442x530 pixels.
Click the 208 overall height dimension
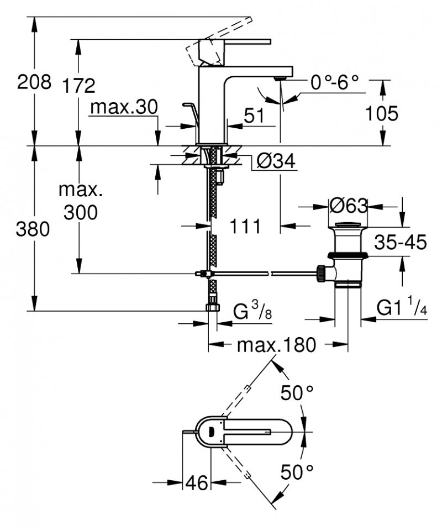[34, 82]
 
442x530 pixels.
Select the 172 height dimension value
[78, 86]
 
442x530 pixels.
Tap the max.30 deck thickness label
[124, 107]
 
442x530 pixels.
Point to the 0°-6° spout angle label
[334, 83]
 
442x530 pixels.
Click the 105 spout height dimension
[381, 113]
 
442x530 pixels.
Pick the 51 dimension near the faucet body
[254, 116]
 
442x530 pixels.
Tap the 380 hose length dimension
[34, 228]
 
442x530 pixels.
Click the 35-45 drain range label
[401, 243]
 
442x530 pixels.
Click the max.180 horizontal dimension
[276, 345]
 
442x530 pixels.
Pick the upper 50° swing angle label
[297, 393]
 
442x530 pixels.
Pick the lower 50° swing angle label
[297, 471]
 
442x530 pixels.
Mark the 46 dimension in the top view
[197, 483]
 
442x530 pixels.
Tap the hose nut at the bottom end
[212, 307]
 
